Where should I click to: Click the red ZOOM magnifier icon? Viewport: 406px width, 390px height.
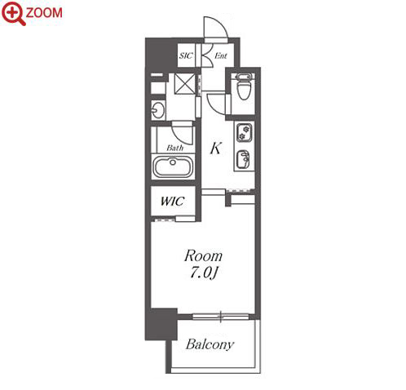(x=14, y=13)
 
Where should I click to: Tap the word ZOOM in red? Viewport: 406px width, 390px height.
(x=44, y=13)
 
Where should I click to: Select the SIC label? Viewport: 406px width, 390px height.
(x=186, y=55)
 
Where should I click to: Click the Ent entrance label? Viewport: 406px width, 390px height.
(x=220, y=55)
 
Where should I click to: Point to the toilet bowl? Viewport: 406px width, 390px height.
(x=243, y=87)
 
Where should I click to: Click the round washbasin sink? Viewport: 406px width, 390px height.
(x=158, y=110)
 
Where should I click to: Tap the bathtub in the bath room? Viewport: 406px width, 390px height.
(x=173, y=166)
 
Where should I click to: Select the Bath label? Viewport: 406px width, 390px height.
(x=174, y=148)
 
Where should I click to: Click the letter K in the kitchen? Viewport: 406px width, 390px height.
(x=216, y=148)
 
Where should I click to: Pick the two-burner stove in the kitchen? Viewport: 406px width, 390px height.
(x=245, y=132)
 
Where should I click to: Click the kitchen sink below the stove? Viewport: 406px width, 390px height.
(x=244, y=160)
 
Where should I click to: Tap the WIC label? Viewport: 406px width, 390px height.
(x=172, y=202)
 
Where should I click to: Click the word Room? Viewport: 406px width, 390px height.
(x=203, y=256)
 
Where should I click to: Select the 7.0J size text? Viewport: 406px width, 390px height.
(x=203, y=273)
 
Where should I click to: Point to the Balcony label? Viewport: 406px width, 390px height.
(x=210, y=344)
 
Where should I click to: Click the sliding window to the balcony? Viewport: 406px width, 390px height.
(x=221, y=317)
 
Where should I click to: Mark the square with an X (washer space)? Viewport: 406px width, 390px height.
(x=185, y=83)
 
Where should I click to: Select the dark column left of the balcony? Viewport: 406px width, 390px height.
(x=161, y=324)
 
